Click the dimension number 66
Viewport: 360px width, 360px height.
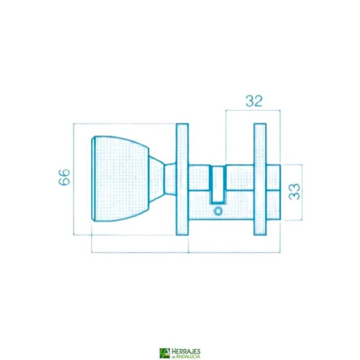click(64, 177)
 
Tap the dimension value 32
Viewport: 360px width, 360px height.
click(254, 101)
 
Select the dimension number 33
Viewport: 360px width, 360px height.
click(294, 192)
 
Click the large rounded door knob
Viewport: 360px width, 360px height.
click(121, 179)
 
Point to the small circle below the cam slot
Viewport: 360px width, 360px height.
click(218, 211)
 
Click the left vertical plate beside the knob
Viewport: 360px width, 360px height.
click(182, 179)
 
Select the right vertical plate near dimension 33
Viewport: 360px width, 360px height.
click(260, 179)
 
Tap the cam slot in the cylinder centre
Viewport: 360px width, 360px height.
click(218, 184)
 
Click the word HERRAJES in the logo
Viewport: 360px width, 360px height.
click(186, 351)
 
